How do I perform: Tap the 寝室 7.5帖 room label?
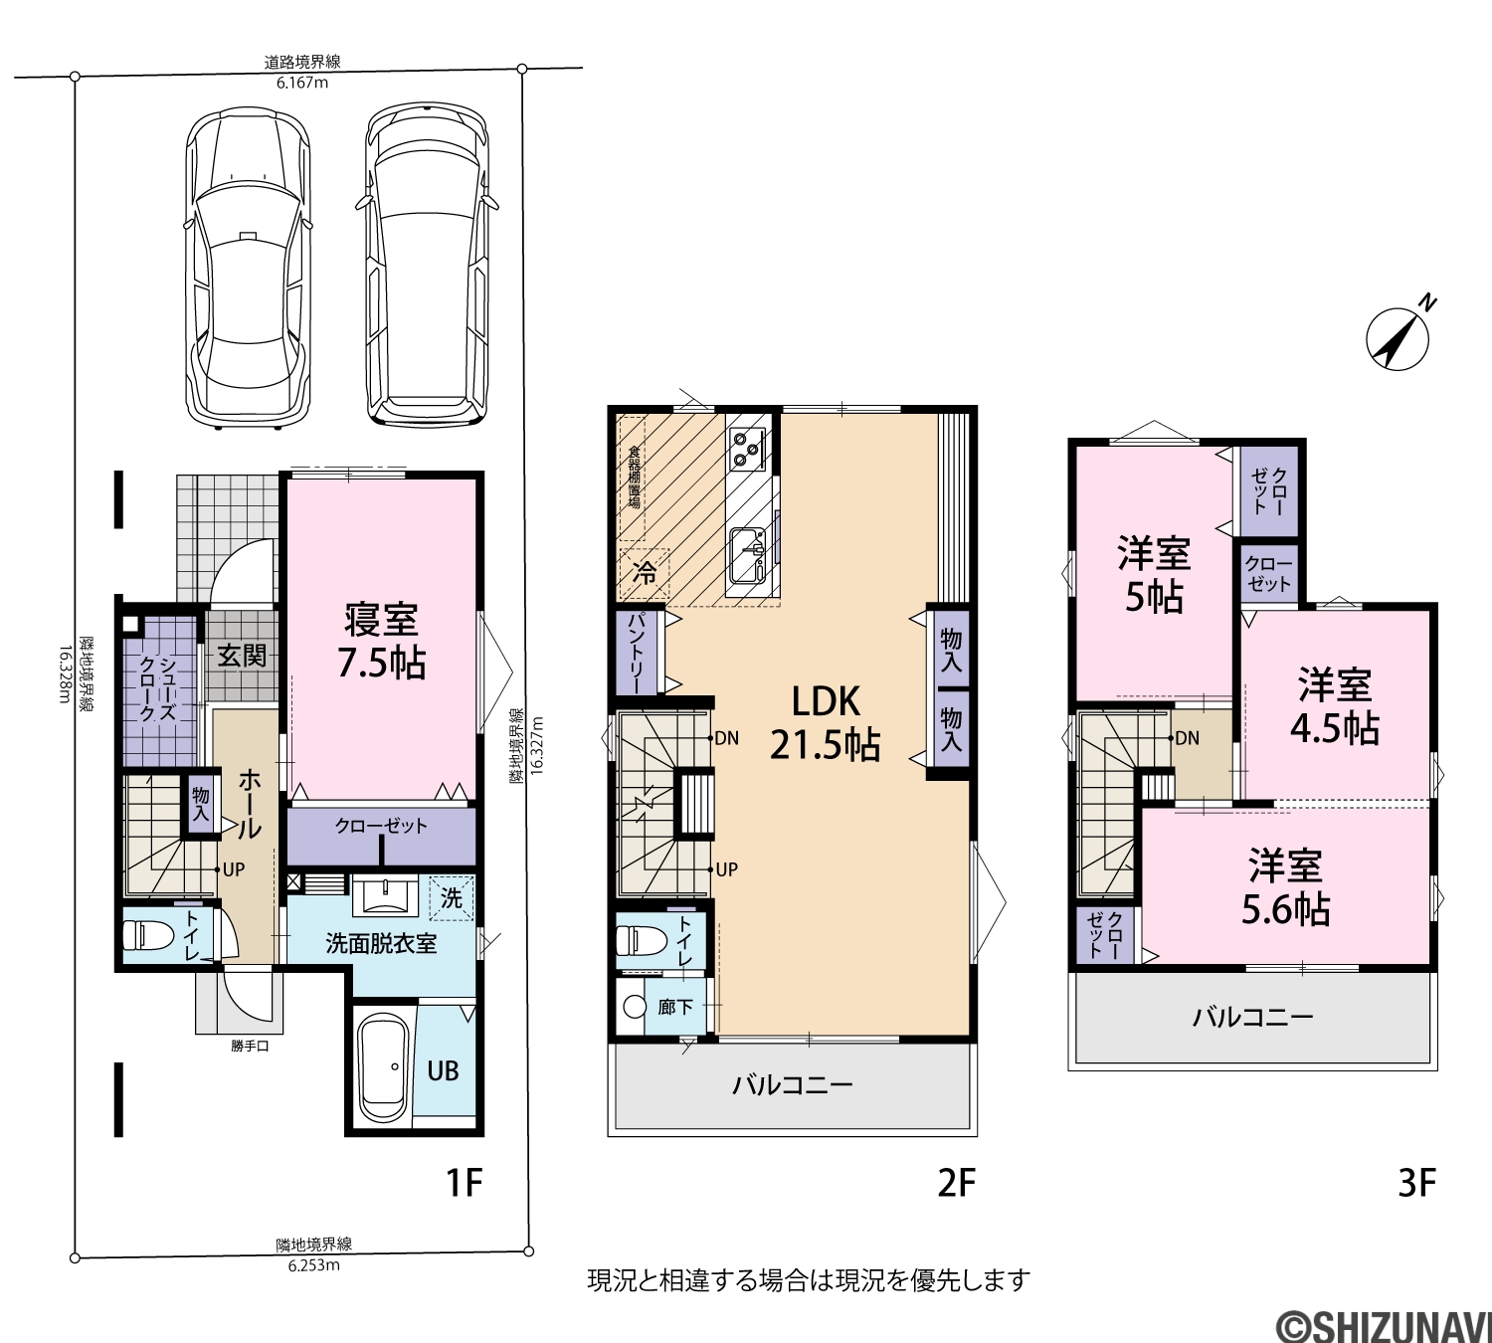pos(382,641)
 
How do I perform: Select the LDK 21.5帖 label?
pos(825,722)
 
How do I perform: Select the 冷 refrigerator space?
pos(645,573)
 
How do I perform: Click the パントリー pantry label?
pos(637,653)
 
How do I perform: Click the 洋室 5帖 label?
pos(1154,575)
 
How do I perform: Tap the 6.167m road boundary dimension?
pos(302,83)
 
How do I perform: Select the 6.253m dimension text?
pos(314,1264)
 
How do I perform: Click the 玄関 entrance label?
pos(243,656)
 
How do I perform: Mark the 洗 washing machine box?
pos(452,898)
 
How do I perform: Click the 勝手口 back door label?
pos(250,1046)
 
